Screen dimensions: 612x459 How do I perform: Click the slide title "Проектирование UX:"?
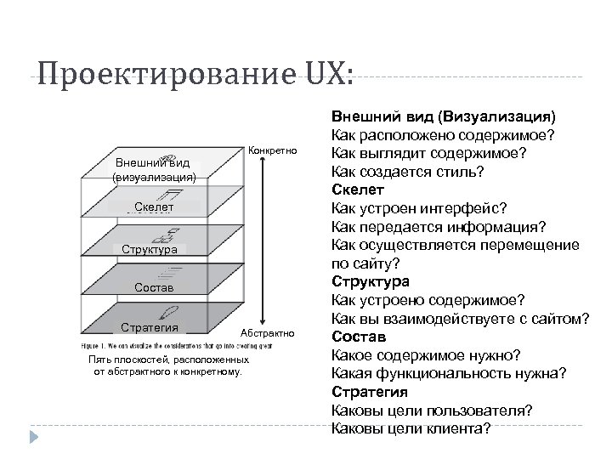[x=194, y=77]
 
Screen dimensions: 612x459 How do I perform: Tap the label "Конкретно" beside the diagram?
[x=272, y=152]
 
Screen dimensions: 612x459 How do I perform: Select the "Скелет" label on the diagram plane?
[x=154, y=207]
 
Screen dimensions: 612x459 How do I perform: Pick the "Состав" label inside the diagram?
[x=154, y=288]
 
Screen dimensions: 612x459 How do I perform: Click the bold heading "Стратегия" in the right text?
[x=370, y=392]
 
